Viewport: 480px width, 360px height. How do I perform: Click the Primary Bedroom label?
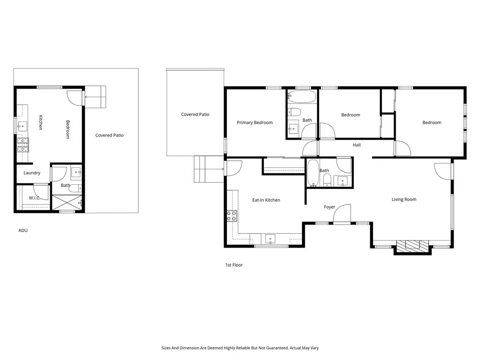[255, 123]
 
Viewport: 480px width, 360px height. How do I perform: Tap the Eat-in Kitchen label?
[266, 200]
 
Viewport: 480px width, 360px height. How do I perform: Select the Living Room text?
[404, 200]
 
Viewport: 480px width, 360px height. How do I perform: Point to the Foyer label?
[330, 207]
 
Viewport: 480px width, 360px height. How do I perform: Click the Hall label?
[357, 145]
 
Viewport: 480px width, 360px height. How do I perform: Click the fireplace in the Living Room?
[412, 246]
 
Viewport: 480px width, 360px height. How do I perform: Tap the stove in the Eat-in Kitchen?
[232, 216]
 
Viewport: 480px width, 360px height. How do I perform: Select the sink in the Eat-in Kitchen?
[270, 239]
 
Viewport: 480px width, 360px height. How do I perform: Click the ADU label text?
[23, 231]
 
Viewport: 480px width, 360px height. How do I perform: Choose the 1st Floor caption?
[234, 265]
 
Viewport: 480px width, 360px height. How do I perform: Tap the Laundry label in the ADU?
[32, 173]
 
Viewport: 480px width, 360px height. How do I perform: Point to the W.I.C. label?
[35, 198]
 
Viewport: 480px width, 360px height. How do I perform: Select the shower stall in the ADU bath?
[66, 202]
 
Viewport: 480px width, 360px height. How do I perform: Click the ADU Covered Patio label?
[109, 135]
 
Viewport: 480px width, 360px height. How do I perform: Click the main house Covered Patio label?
[195, 114]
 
